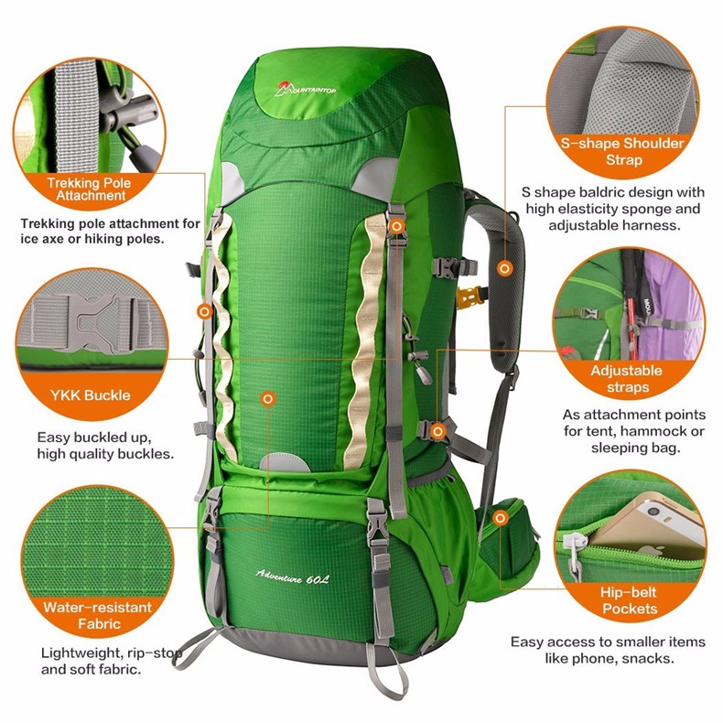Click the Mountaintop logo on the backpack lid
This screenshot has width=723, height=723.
pyautogui.click(x=305, y=89)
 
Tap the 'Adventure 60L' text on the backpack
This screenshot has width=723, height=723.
pyautogui.click(x=292, y=577)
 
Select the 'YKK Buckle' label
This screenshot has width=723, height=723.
pyautogui.click(x=91, y=395)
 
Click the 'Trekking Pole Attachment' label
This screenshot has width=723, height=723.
pyautogui.click(x=89, y=189)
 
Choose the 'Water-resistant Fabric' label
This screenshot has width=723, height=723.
pyautogui.click(x=98, y=616)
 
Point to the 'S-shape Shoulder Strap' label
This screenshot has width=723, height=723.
pyautogui.click(x=622, y=152)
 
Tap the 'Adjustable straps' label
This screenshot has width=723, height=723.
pyautogui.click(x=627, y=379)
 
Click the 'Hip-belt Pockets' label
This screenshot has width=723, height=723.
pyautogui.click(x=629, y=600)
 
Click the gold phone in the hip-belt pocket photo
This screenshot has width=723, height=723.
pyautogui.click(x=651, y=520)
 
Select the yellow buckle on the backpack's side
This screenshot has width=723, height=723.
pyautogui.click(x=467, y=297)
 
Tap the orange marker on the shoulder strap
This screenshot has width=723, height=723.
pyautogui.click(x=505, y=268)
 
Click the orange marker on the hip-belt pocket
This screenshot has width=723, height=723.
pyautogui.click(x=501, y=518)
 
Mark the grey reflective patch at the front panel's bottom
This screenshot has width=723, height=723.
pyautogui.click(x=285, y=462)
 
